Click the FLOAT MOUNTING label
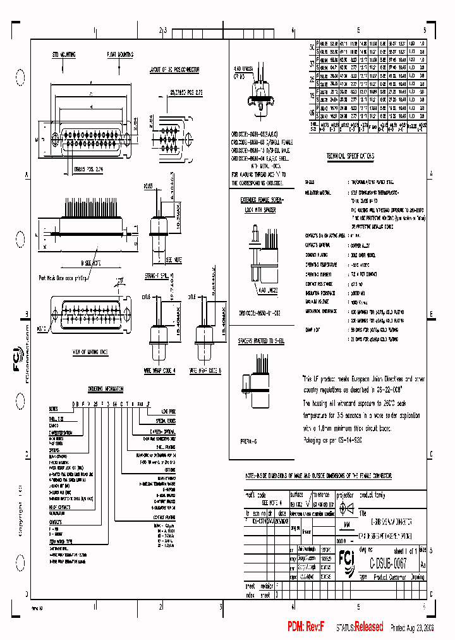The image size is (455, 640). coord(120,55)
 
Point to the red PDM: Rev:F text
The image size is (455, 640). coord(306,627)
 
